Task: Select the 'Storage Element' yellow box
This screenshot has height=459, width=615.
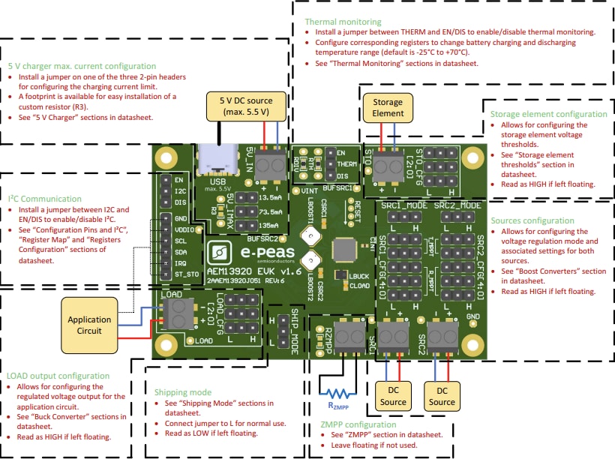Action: click(x=388, y=107)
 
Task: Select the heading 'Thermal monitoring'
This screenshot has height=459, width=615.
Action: click(x=343, y=22)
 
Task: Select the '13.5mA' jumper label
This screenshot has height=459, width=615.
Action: click(x=269, y=197)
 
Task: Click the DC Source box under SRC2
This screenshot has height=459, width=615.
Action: click(x=442, y=396)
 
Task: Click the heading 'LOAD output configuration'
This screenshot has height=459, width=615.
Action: click(x=58, y=376)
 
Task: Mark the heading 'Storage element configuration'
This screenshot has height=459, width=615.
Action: click(x=548, y=114)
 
